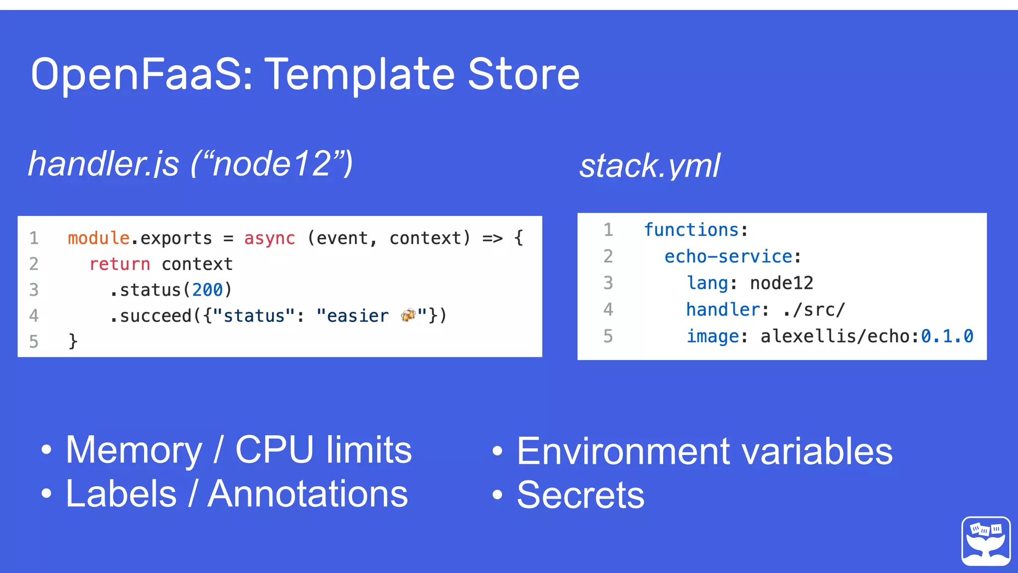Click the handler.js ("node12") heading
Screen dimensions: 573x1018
click(x=190, y=164)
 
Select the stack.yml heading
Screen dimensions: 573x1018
click(x=649, y=166)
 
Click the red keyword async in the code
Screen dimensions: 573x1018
click(x=269, y=238)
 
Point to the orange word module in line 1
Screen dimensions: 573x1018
click(x=98, y=238)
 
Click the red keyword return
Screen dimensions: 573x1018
click(x=119, y=264)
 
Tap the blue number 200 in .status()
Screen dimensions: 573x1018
click(x=207, y=290)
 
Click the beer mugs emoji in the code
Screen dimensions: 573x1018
click(x=408, y=315)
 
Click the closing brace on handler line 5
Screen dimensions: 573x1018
click(x=73, y=341)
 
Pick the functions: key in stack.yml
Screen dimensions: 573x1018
click(x=695, y=230)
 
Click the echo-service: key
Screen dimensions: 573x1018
click(x=732, y=257)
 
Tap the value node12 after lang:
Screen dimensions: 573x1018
click(x=781, y=284)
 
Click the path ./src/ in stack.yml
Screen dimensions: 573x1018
click(x=814, y=310)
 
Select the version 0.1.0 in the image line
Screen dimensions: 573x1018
click(x=946, y=337)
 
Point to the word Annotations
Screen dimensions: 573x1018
click(x=308, y=494)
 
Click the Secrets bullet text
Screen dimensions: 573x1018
click(x=580, y=495)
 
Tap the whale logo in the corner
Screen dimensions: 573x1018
click(x=986, y=541)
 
